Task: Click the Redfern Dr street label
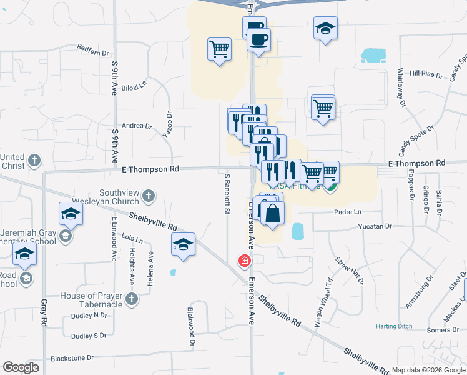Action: click(x=92, y=47)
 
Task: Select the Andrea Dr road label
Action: click(x=137, y=126)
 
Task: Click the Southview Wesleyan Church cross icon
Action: click(x=148, y=196)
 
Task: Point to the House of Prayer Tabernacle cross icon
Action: click(x=130, y=300)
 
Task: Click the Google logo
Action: click(x=21, y=367)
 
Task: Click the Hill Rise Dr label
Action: click(x=426, y=73)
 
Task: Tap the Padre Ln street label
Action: click(x=348, y=212)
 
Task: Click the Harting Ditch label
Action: click(x=395, y=326)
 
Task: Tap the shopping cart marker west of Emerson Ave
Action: click(x=219, y=49)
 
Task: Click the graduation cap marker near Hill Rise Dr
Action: click(x=325, y=29)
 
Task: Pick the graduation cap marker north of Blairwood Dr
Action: click(x=183, y=245)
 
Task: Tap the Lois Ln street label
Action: click(x=132, y=239)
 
